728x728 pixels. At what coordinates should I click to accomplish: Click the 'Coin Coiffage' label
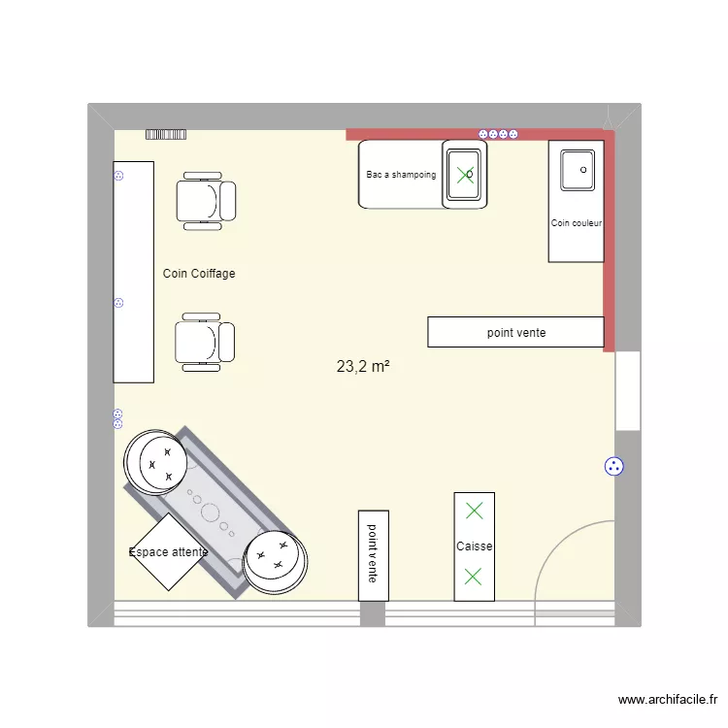point(199,274)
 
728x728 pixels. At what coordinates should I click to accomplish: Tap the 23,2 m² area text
point(363,367)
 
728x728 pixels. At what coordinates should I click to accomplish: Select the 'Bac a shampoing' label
point(401,176)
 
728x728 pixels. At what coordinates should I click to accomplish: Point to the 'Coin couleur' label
point(577,223)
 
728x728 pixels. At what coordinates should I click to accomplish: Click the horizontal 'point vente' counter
point(515,332)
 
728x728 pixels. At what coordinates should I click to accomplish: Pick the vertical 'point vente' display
point(373,554)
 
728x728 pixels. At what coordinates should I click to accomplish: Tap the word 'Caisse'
point(475,546)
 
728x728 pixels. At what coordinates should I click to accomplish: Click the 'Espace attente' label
point(168,552)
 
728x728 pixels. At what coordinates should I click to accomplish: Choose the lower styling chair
point(205,342)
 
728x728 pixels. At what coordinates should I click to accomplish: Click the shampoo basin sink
point(465,174)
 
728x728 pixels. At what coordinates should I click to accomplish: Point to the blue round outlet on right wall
point(613,467)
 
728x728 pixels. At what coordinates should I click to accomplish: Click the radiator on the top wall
point(165,135)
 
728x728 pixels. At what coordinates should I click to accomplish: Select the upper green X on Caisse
point(474,511)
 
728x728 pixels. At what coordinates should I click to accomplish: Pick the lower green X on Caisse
point(473,577)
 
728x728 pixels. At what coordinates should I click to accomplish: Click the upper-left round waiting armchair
point(156,461)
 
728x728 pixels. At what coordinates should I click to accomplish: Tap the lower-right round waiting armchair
point(275,561)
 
